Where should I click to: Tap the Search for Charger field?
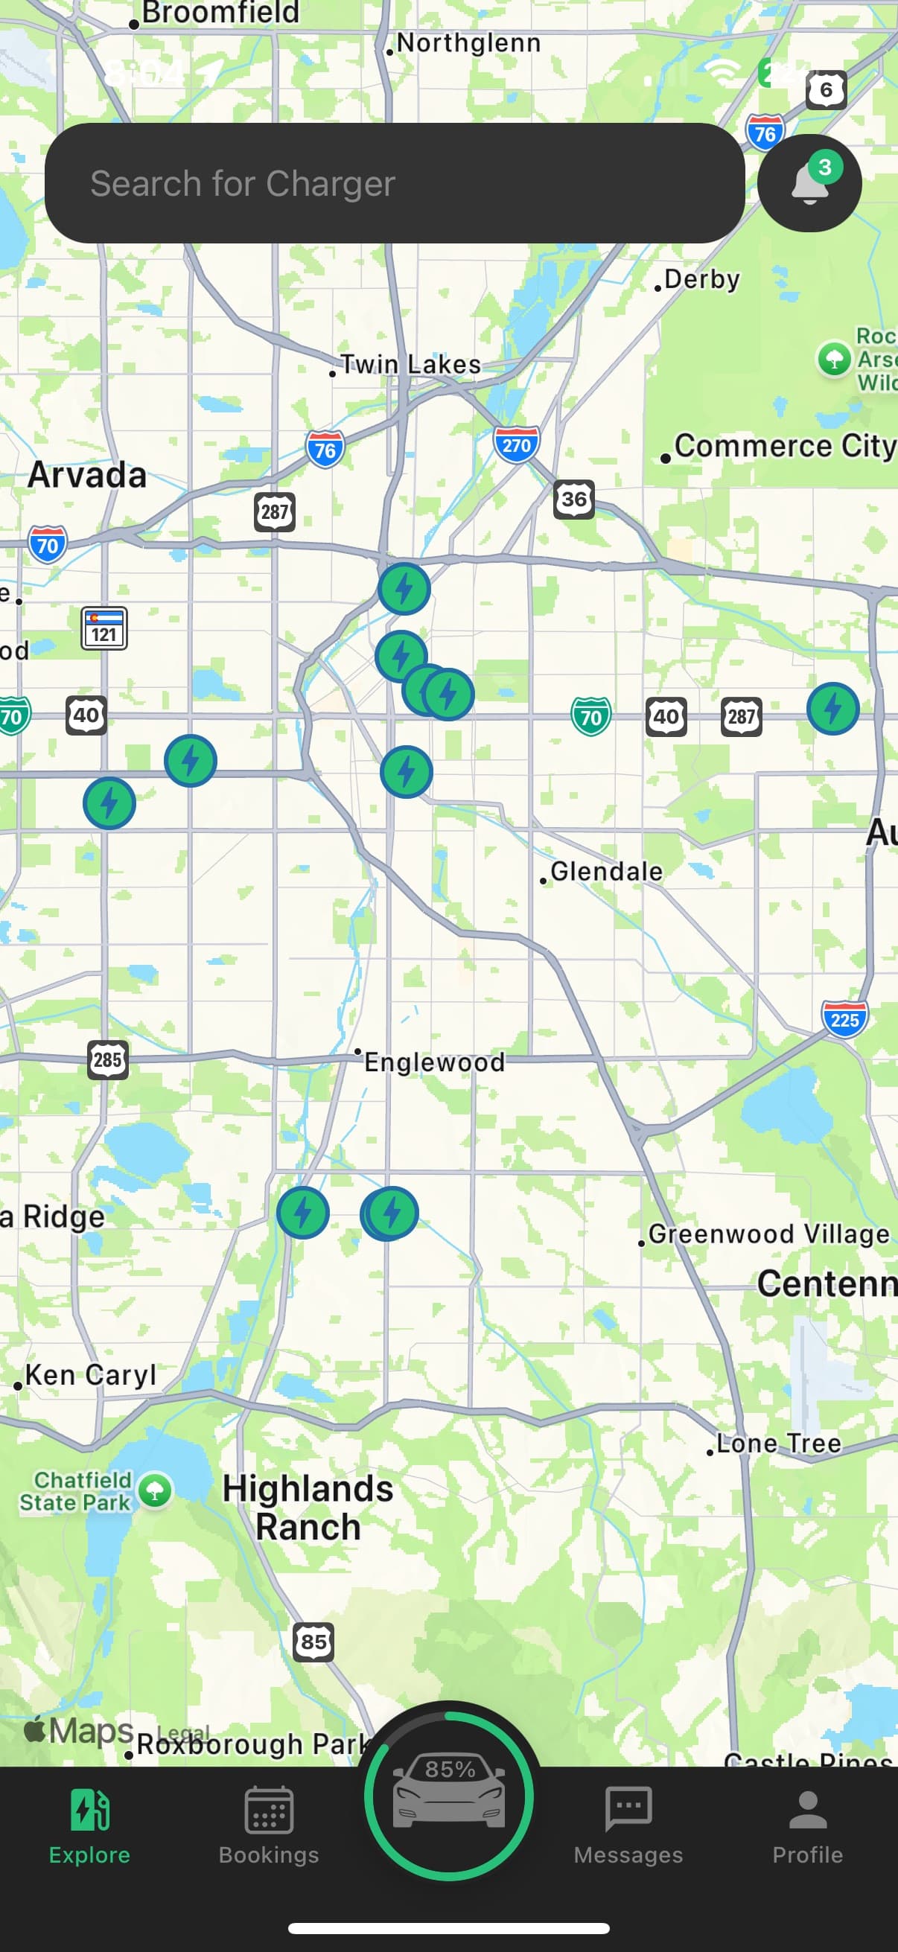click(394, 183)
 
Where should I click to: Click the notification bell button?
click(809, 183)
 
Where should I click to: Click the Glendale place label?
click(605, 872)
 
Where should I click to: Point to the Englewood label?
click(434, 1062)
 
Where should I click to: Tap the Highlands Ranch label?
click(308, 1508)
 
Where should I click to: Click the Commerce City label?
click(784, 447)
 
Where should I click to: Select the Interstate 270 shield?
click(516, 444)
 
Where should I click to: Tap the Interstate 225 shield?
click(844, 1019)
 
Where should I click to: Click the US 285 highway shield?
click(108, 1059)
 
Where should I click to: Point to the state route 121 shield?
click(104, 628)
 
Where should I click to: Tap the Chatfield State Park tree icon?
click(156, 1491)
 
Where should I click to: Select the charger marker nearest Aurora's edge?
click(832, 709)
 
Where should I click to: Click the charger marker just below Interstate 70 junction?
click(404, 589)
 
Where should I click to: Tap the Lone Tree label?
click(778, 1444)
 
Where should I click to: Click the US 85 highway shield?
click(313, 1642)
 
